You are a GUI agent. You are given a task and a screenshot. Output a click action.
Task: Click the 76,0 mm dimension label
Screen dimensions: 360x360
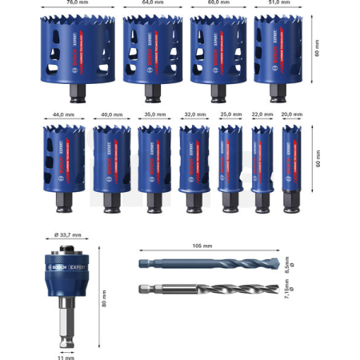point(77,3)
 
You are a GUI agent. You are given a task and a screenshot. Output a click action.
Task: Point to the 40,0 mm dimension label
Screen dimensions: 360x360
point(110,114)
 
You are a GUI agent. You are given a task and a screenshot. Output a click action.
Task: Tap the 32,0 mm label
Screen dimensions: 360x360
point(194,114)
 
